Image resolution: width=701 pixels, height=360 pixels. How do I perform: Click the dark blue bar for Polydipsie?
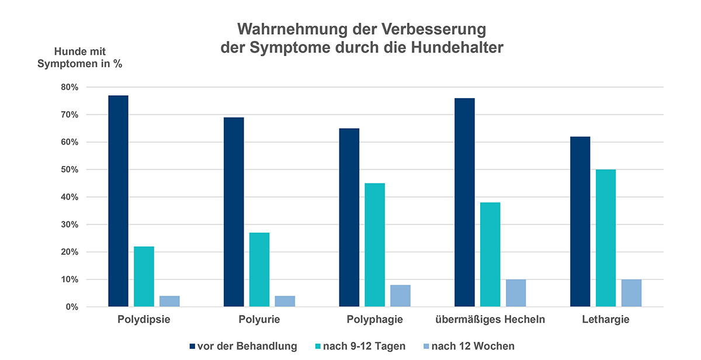pos(118,201)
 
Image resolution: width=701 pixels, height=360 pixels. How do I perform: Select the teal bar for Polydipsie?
pos(144,276)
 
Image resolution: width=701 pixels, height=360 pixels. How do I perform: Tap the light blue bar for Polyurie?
pos(285,301)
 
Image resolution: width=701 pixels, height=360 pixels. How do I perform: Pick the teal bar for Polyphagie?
pos(375,245)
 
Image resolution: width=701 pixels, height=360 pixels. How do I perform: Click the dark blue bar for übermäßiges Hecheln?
pos(464,202)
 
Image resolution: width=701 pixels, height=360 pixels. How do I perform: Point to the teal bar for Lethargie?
pos(606,238)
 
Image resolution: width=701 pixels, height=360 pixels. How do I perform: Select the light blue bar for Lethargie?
pos(631,293)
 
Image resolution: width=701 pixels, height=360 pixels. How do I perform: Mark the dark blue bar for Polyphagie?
pos(349,217)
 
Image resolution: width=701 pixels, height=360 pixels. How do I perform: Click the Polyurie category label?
pos(259,320)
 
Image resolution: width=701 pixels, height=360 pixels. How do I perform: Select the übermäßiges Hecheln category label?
pos(490,320)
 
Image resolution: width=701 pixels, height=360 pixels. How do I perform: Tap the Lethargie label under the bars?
pos(606,320)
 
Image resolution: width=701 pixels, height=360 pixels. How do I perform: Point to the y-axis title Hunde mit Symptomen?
pos(79,57)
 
